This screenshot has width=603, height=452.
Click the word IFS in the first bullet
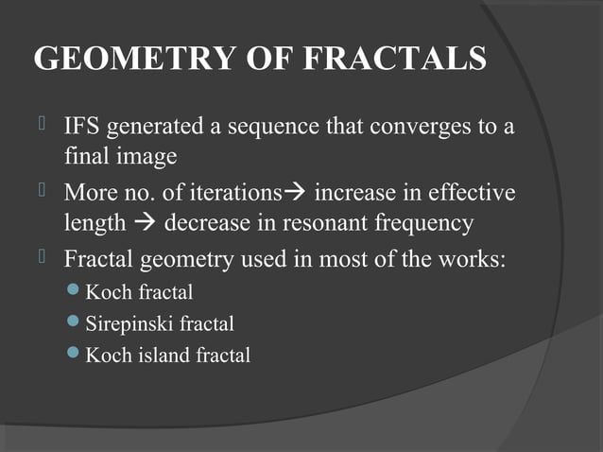coord(81,127)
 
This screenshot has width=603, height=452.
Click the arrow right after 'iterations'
coord(295,195)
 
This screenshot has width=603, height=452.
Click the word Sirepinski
coord(127,324)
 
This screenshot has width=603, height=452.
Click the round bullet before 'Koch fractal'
coord(76,293)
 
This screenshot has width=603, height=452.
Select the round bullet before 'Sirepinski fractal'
coord(76,324)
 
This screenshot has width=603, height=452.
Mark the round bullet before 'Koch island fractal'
coord(76,356)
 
